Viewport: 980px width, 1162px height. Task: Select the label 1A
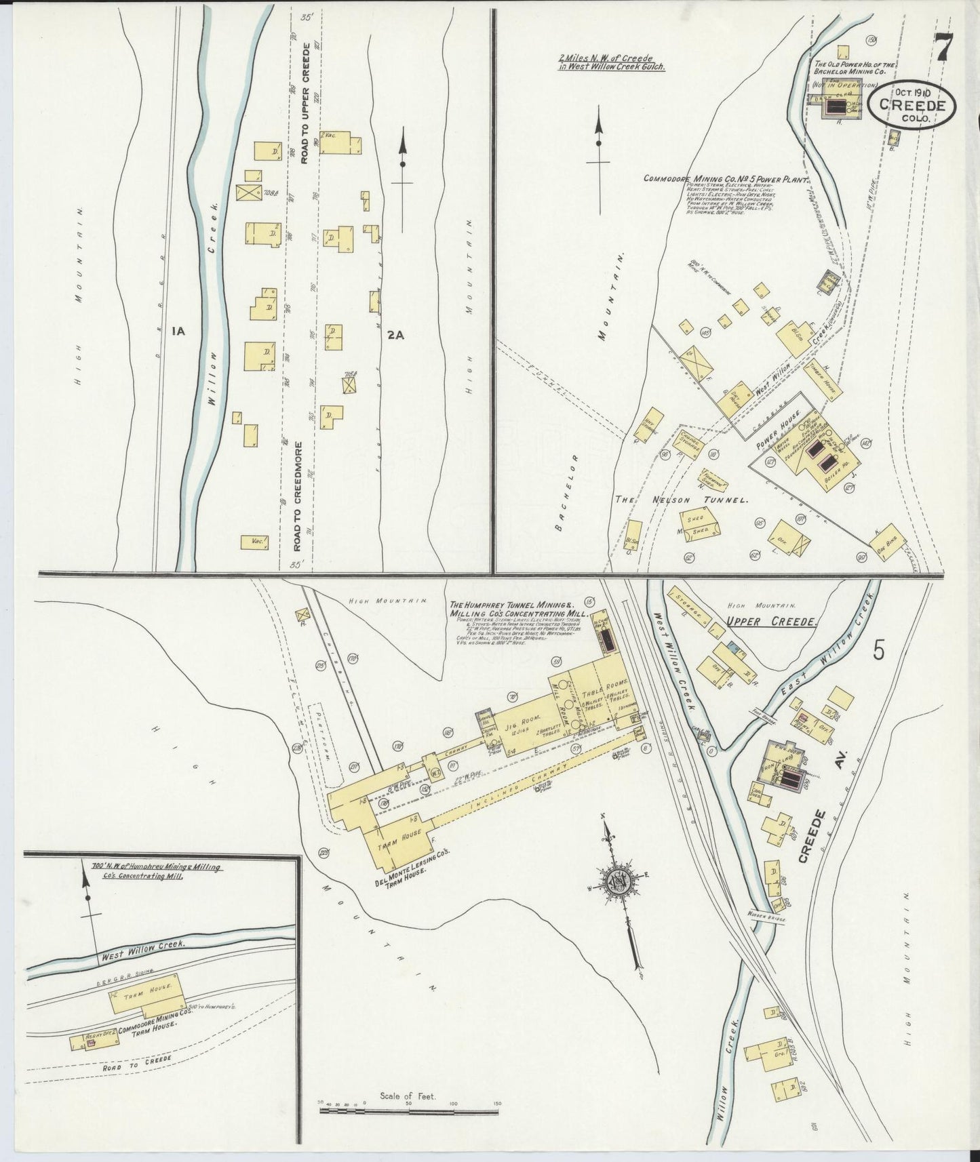[178, 332]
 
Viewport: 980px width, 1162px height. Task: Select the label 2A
[395, 334]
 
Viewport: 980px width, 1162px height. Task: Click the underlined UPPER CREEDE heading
[770, 621]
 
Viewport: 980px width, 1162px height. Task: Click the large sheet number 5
[879, 650]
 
